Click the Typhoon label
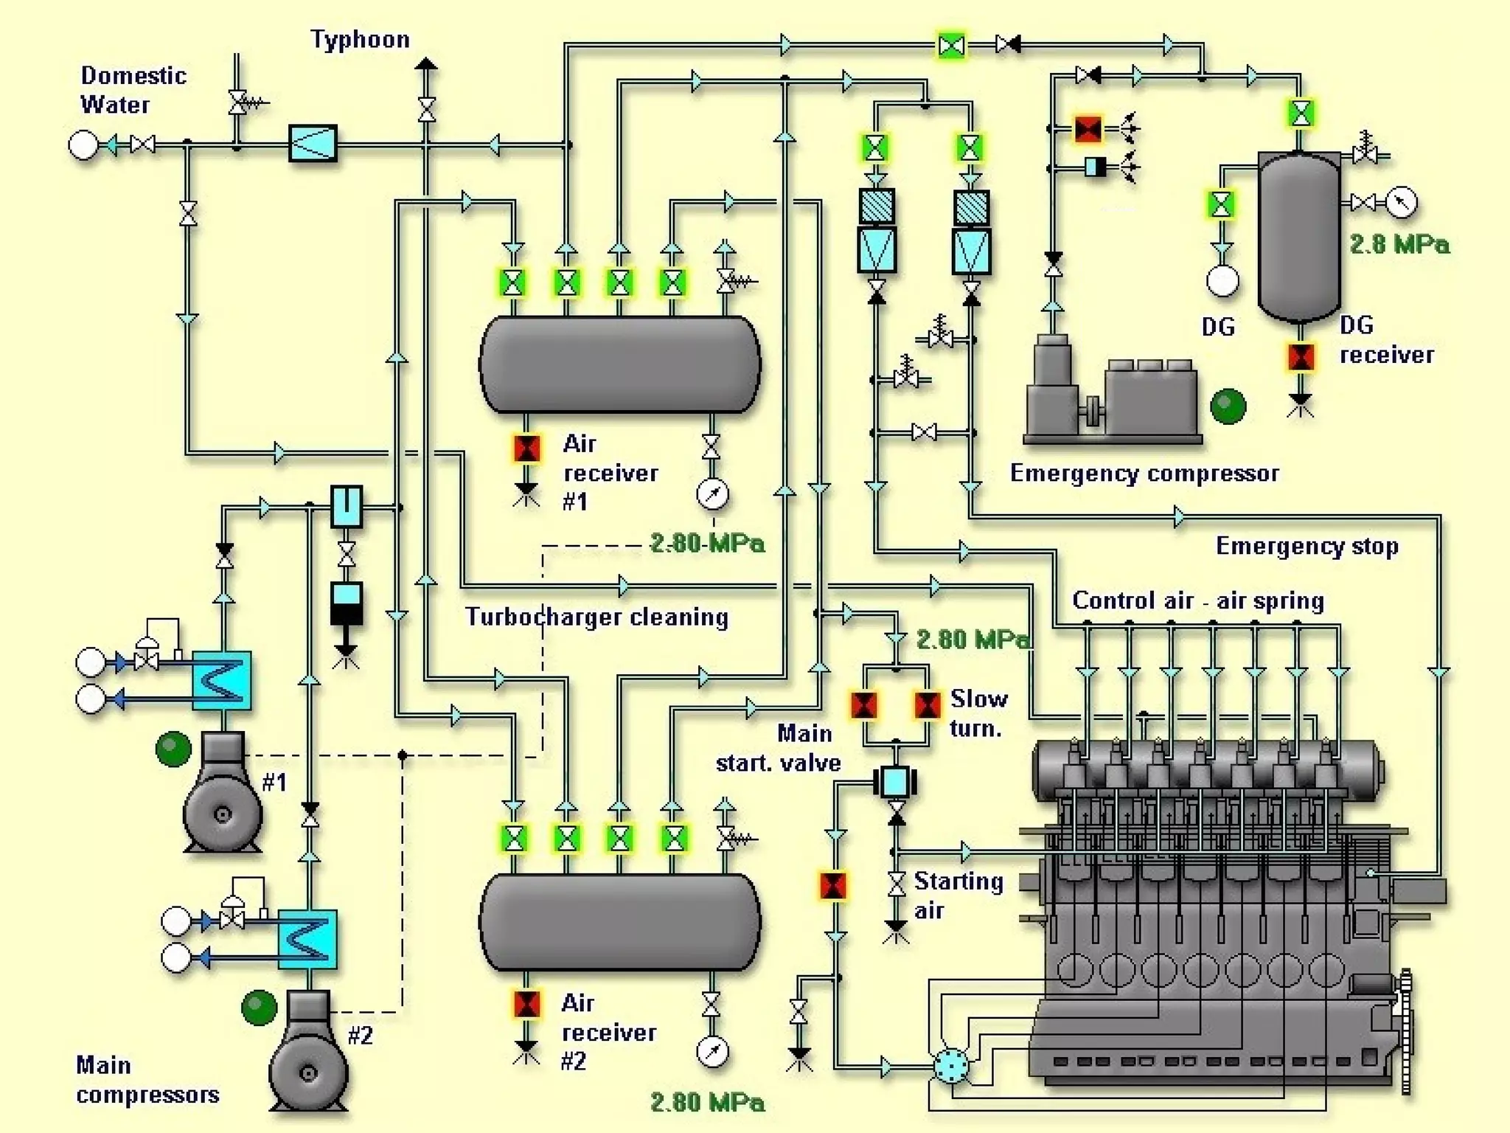coord(360,39)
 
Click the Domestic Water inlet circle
coord(83,145)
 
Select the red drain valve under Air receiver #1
coord(526,448)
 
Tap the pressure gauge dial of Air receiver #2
coord(712,1053)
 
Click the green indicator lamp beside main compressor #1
coord(173,749)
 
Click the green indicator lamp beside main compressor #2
coord(259,1008)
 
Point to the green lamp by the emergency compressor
coord(1228,406)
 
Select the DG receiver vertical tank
coord(1298,236)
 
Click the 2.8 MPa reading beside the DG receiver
coord(1399,244)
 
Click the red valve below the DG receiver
coord(1301,357)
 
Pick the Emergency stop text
coord(1307,547)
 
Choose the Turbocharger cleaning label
coord(596,617)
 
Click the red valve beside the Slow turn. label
coord(927,705)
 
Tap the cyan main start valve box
coord(895,782)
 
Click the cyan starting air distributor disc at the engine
coord(951,1065)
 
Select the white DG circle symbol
coord(1222,281)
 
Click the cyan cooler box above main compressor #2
coord(307,939)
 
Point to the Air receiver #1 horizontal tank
coord(619,364)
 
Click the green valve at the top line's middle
coord(951,46)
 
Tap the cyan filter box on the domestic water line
coord(313,143)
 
